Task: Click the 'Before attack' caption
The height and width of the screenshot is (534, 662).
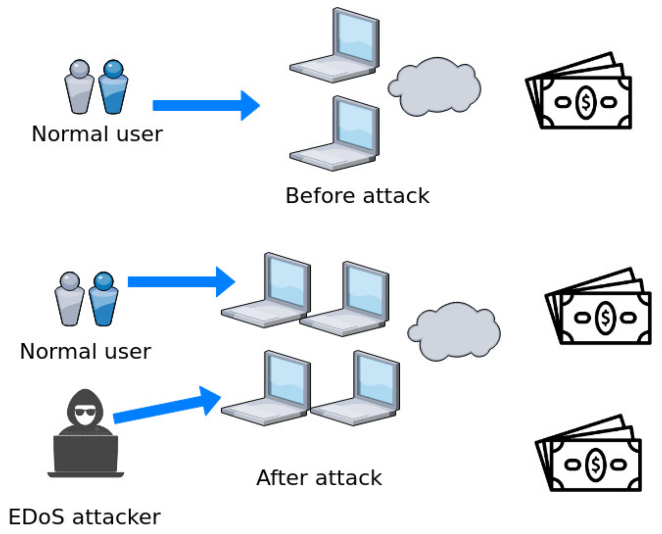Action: coord(357,196)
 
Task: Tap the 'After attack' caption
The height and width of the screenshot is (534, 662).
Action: coord(319,478)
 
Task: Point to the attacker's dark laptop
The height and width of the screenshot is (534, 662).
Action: coord(85,455)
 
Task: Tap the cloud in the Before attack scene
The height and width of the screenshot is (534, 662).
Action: coord(434,87)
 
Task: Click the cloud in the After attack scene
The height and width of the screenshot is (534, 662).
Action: coord(454,332)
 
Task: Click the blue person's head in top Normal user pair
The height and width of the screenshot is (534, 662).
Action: coord(113,69)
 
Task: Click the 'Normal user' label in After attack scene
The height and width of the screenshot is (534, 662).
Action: coord(85,351)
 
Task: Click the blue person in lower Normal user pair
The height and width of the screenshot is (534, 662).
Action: coord(103,300)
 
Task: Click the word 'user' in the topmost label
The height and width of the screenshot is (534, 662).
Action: coord(140,134)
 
